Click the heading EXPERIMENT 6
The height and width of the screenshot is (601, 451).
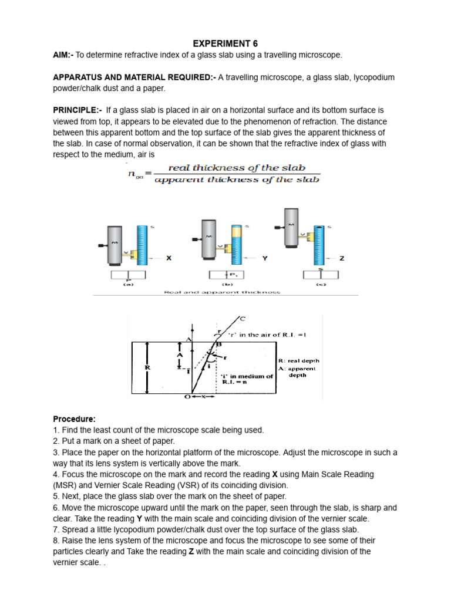click(226, 43)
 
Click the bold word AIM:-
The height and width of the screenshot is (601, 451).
click(64, 55)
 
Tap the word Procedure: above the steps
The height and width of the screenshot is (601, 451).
click(74, 419)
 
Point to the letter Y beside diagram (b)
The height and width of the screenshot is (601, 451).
click(265, 258)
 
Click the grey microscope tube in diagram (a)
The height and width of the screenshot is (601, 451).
click(116, 244)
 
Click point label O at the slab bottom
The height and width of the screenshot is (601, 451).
click(187, 397)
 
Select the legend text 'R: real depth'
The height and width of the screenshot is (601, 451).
click(299, 361)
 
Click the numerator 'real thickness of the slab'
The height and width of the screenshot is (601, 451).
click(237, 168)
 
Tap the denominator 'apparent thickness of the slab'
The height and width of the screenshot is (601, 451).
click(237, 180)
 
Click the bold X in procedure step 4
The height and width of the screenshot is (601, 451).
click(275, 474)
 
